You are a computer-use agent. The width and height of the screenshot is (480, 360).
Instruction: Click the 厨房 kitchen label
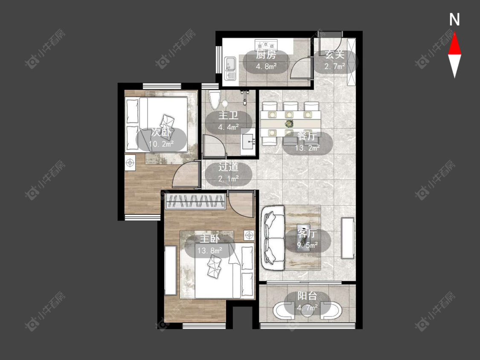(x=266, y=55)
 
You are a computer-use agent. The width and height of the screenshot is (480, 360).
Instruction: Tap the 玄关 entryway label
(x=335, y=55)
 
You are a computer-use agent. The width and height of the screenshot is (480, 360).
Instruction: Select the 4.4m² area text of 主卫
(x=228, y=127)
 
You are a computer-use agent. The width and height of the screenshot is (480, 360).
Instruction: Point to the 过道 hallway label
(x=228, y=167)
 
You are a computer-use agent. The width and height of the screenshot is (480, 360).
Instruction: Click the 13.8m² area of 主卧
(x=209, y=251)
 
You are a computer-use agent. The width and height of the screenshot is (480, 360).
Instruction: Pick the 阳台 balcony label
(x=307, y=296)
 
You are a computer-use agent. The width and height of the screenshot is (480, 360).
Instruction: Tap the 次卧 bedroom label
(x=161, y=132)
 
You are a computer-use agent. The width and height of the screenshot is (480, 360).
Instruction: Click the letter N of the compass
(x=454, y=20)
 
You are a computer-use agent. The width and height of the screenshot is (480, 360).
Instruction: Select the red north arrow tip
(x=454, y=33)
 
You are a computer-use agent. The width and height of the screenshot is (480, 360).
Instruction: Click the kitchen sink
(x=230, y=68)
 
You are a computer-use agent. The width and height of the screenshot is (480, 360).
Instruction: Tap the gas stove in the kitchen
(x=266, y=44)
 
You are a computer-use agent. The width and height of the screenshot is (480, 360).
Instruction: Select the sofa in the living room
(x=273, y=238)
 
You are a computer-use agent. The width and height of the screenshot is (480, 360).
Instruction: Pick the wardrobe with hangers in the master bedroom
(x=196, y=201)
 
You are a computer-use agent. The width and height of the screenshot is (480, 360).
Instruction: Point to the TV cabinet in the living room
(x=348, y=238)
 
